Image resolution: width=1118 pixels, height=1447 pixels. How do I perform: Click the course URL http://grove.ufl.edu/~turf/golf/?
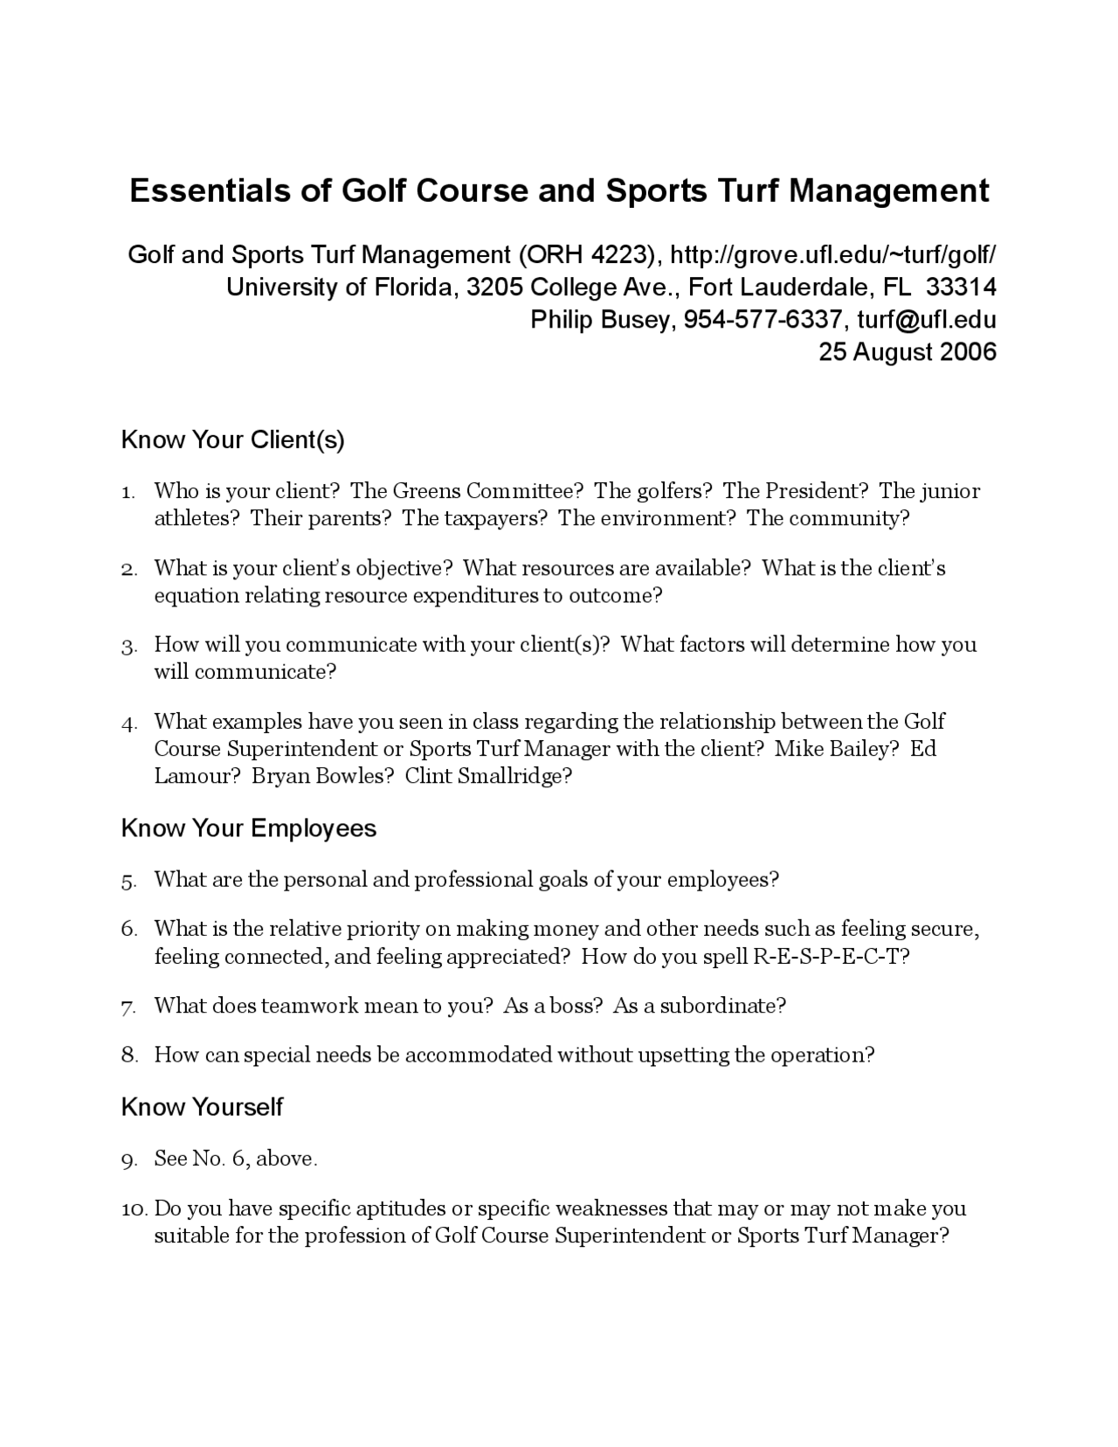point(832,255)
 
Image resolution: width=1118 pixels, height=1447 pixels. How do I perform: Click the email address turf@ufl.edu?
point(926,320)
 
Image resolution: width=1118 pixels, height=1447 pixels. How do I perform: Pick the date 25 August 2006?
point(907,352)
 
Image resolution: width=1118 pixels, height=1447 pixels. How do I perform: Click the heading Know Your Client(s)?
point(232,440)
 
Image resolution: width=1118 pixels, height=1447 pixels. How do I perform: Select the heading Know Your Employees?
point(248,828)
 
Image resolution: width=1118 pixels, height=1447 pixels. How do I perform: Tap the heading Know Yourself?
point(202,1107)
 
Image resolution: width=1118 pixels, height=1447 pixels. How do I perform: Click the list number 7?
point(128,1007)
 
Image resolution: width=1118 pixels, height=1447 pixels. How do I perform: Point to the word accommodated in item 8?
point(479,1056)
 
